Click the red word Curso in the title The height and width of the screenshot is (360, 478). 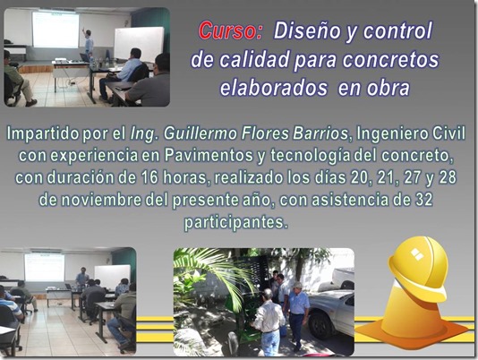pos(231,30)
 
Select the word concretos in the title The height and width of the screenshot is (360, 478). pos(391,60)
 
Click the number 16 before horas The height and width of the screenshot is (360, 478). pos(149,177)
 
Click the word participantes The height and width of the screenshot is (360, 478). pos(235,223)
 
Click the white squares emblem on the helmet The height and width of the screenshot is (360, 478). pos(417,253)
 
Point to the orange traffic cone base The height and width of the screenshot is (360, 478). pos(413,330)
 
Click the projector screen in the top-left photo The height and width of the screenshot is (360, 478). pos(55,30)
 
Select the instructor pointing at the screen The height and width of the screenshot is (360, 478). pos(89,44)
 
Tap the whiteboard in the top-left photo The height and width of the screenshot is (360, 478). pos(139,45)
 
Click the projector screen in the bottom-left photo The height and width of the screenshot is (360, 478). pos(45,268)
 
